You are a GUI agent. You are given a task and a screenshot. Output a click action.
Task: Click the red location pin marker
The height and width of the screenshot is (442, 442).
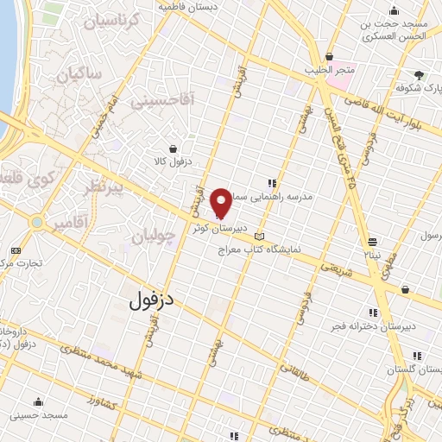coord(221,202)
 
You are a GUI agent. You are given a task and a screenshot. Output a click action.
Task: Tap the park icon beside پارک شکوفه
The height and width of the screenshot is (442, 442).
coord(419,75)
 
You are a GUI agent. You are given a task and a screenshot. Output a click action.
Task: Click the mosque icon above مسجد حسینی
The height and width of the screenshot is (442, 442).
coord(38,402)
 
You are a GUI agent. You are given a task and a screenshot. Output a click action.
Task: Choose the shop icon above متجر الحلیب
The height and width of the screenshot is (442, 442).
coord(328,56)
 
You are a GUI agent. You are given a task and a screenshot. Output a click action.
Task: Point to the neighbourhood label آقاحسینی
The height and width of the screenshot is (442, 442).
coord(163,101)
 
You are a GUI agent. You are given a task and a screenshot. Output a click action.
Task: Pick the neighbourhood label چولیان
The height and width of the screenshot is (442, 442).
coord(155,235)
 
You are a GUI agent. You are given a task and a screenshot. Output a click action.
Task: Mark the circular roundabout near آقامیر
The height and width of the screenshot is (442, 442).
coord(37,223)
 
